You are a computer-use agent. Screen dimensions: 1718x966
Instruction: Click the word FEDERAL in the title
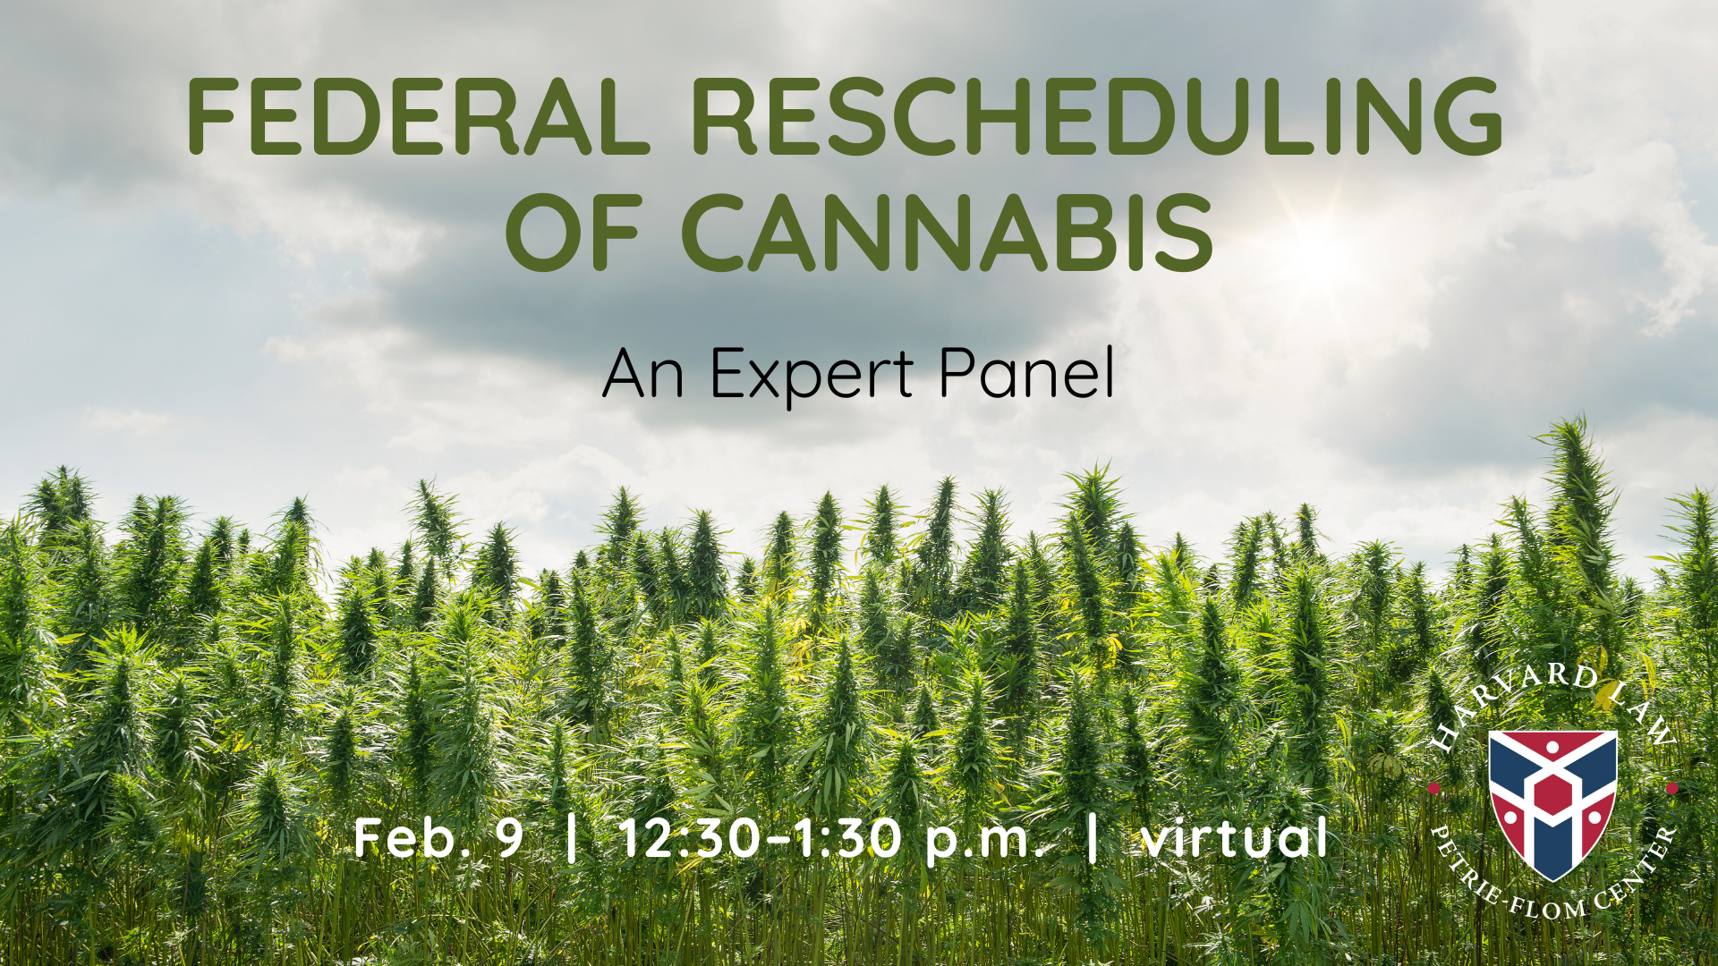(x=419, y=116)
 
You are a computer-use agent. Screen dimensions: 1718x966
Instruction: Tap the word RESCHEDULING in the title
(x=1097, y=116)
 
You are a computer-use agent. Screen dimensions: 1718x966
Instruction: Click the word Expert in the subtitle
(x=812, y=374)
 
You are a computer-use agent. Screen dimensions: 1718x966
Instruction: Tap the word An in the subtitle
(x=643, y=373)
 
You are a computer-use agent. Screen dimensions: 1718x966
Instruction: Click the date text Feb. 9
(x=438, y=838)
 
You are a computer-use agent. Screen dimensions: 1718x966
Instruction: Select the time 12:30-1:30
(x=761, y=838)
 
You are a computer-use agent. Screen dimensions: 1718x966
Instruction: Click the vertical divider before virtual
(x=1092, y=838)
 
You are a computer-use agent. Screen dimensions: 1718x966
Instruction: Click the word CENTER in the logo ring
(x=1637, y=872)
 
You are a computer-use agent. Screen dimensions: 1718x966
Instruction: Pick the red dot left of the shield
(x=1433, y=788)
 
